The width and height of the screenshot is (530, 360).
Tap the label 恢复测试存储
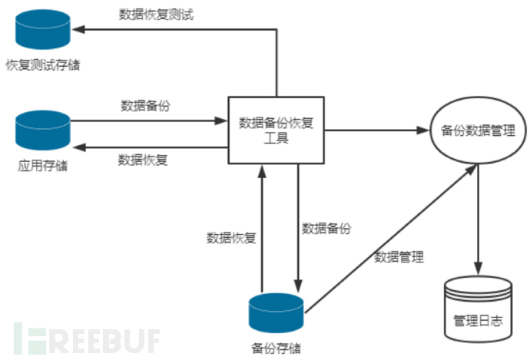point(43,64)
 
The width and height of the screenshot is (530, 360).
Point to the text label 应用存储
point(43,163)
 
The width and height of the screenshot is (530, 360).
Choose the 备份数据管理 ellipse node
point(478,130)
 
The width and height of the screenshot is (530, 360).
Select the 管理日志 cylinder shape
point(478,307)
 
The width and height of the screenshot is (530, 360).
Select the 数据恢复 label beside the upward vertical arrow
point(231,237)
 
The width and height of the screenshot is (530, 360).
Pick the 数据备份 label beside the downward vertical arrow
point(326,228)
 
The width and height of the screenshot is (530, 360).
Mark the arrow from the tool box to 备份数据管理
point(376,130)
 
